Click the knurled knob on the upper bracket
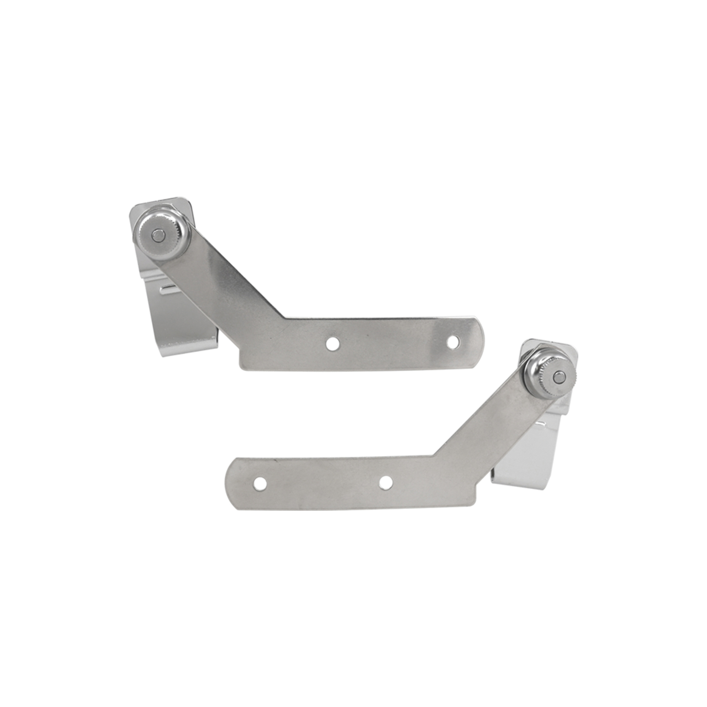click(x=164, y=235)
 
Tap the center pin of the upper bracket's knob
click(x=158, y=235)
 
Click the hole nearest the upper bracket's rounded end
click(x=453, y=341)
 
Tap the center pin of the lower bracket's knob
click(x=559, y=376)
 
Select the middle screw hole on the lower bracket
click(x=385, y=483)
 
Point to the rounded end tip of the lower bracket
click(x=228, y=484)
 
